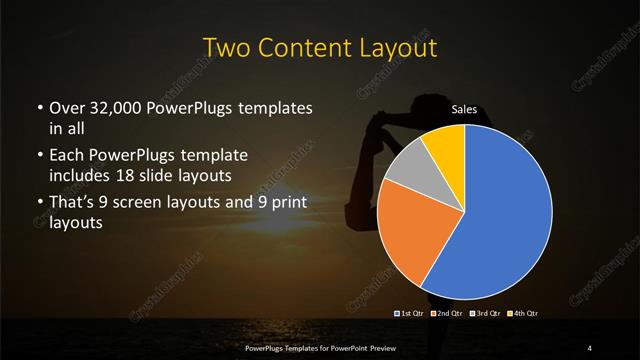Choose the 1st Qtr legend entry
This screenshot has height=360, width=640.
pyautogui.click(x=410, y=313)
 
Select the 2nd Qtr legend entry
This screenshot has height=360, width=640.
pyautogui.click(x=446, y=313)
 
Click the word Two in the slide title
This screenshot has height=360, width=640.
pyautogui.click(x=224, y=48)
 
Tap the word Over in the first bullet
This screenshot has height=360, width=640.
pyautogui.click(x=62, y=107)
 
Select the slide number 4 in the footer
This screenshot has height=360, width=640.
pyautogui.click(x=590, y=347)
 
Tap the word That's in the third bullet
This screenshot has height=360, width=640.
pyautogui.click(x=71, y=204)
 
